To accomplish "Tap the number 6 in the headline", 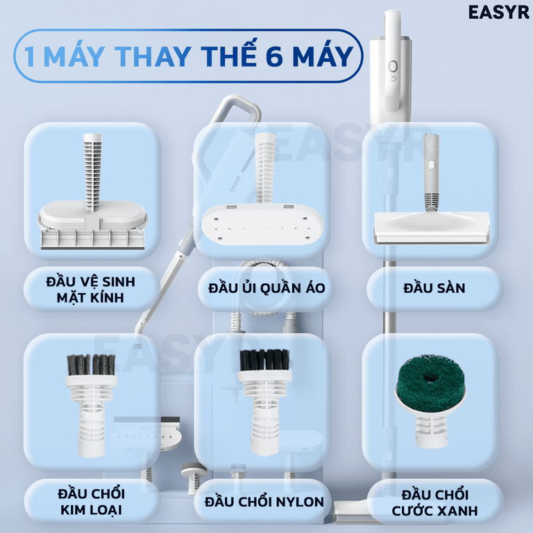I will pyautogui.click(x=276, y=56).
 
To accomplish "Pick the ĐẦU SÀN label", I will pyautogui.click(x=434, y=287).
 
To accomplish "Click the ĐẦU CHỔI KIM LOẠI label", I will pyautogui.click(x=91, y=502).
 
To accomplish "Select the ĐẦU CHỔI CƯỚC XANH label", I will pyautogui.click(x=434, y=504).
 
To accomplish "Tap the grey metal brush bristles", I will pyautogui.click(x=90, y=364).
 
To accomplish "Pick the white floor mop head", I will pyautogui.click(x=430, y=226).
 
